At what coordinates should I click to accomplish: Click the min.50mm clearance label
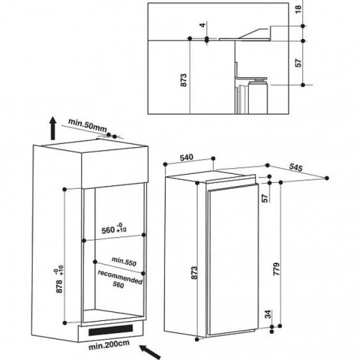[88, 125]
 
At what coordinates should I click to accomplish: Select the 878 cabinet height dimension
[59, 286]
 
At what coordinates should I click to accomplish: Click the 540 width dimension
[187, 158]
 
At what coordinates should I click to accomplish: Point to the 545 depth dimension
[296, 167]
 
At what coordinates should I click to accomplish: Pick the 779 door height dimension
[277, 269]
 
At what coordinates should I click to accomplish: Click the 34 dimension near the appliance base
[268, 314]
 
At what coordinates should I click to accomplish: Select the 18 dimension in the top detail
[298, 9]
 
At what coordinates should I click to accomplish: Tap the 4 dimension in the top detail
[203, 25]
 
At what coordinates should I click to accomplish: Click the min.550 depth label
[124, 261]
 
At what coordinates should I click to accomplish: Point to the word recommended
[120, 277]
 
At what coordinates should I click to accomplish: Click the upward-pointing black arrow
[53, 128]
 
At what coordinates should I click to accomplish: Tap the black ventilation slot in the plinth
[110, 330]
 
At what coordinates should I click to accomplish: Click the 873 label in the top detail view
[184, 80]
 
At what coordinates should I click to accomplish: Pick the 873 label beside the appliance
[194, 273]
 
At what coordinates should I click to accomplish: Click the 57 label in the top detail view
[298, 63]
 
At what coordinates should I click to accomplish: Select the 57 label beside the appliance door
[265, 199]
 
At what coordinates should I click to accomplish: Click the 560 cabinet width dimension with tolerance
[114, 229]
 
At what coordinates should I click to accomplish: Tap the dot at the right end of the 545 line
[327, 178]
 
